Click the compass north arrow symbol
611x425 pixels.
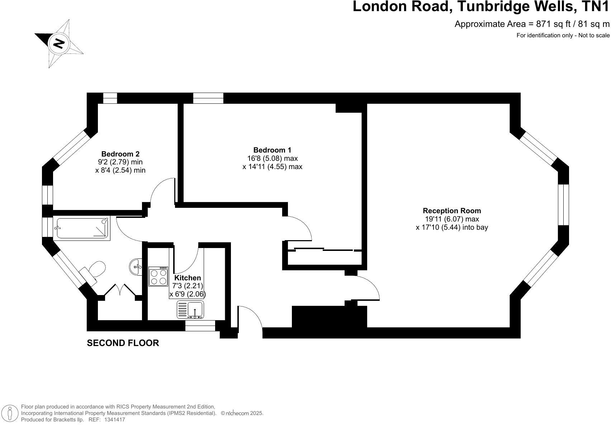pos(59,43)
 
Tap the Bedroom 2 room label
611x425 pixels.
pos(120,154)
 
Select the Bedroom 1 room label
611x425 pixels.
pos(272,150)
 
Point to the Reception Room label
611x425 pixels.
pos(451,211)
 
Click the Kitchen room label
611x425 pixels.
pos(188,278)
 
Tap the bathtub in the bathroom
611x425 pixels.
pos(82,228)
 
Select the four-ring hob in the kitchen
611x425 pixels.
pos(158,276)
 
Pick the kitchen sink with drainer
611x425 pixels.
pos(190,309)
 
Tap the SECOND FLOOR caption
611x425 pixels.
pos(123,343)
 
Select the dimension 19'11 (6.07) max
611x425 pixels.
pos(451,219)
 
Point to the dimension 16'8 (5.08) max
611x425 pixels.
pos(272,158)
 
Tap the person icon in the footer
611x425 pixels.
pos(10,414)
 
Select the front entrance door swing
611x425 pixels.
pos(250,316)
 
